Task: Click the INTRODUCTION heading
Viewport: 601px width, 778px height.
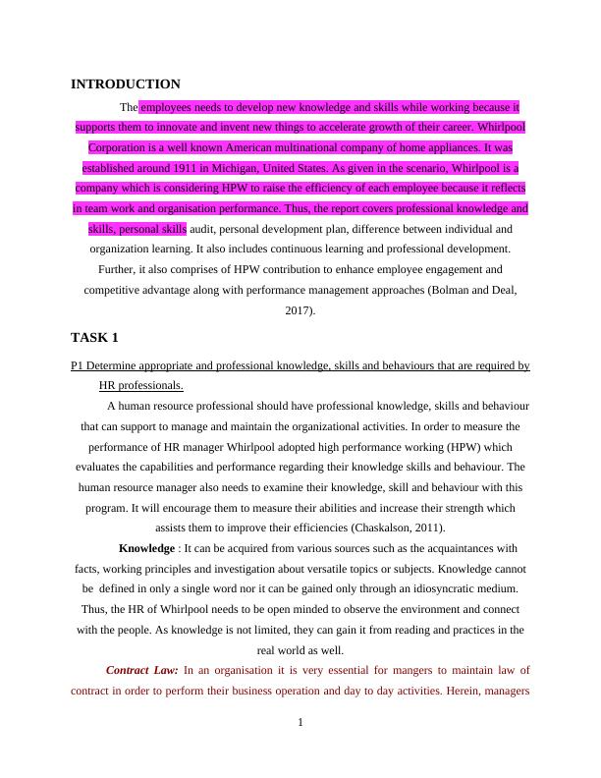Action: [126, 84]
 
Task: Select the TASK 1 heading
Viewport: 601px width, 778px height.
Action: [94, 337]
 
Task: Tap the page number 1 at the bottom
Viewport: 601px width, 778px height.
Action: [300, 724]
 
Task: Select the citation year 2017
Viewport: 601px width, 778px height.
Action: [299, 310]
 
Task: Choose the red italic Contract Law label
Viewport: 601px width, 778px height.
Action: [141, 670]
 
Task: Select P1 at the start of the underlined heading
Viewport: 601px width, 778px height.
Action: [78, 365]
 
